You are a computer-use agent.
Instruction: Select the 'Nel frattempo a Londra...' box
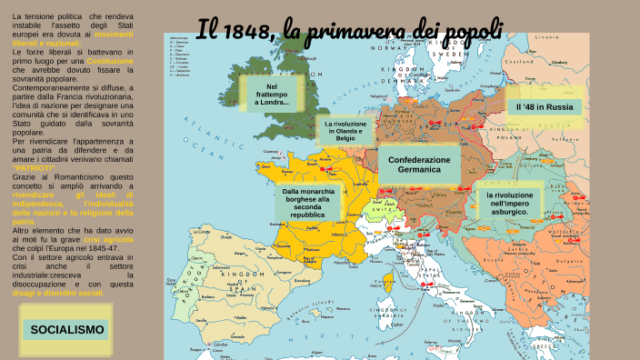271,94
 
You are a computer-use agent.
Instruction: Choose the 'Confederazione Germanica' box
419,165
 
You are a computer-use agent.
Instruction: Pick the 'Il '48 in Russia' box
544,106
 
